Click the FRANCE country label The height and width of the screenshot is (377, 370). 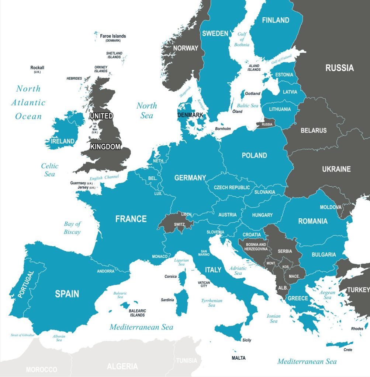click(131, 219)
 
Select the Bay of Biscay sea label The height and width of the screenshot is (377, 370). click(72, 228)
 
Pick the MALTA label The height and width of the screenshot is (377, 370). click(238, 358)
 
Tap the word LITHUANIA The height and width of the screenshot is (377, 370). click(280, 109)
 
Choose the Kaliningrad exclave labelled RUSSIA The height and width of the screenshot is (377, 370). click(267, 125)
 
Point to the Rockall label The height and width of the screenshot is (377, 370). click(37, 68)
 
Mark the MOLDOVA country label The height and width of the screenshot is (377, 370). click(331, 207)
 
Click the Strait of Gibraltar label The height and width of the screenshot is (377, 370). click(23, 335)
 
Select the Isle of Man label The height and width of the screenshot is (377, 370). click(95, 128)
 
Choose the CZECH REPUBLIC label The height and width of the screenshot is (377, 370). click(232, 187)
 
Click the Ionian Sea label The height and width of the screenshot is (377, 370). click(273, 318)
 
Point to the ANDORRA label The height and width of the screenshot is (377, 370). click(106, 271)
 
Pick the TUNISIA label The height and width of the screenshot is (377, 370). click(186, 360)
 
